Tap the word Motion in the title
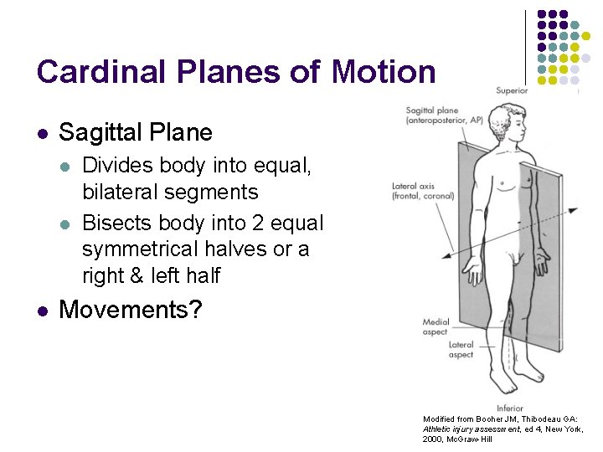(x=384, y=72)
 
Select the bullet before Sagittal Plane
(x=41, y=133)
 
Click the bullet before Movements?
(x=41, y=311)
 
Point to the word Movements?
(x=131, y=310)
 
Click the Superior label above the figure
(x=512, y=90)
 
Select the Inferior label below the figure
(x=509, y=408)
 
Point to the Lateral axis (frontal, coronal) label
(x=423, y=191)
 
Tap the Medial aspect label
(x=435, y=326)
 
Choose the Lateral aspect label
(x=461, y=349)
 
